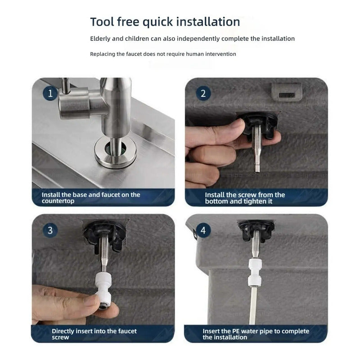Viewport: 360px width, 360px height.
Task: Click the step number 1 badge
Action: [50, 93]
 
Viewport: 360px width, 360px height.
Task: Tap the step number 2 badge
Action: [203, 93]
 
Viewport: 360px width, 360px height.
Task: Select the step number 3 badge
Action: [50, 230]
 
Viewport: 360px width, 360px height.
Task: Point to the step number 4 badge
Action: [203, 230]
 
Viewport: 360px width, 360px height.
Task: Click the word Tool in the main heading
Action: [102, 22]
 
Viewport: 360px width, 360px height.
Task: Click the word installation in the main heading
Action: [208, 22]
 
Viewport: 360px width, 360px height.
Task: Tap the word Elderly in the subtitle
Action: [100, 39]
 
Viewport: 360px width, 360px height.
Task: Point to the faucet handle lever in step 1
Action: [66, 85]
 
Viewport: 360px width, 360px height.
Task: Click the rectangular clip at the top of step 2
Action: [287, 92]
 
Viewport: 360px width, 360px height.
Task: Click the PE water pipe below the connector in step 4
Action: [253, 306]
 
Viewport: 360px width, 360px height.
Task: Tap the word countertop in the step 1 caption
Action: [58, 201]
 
